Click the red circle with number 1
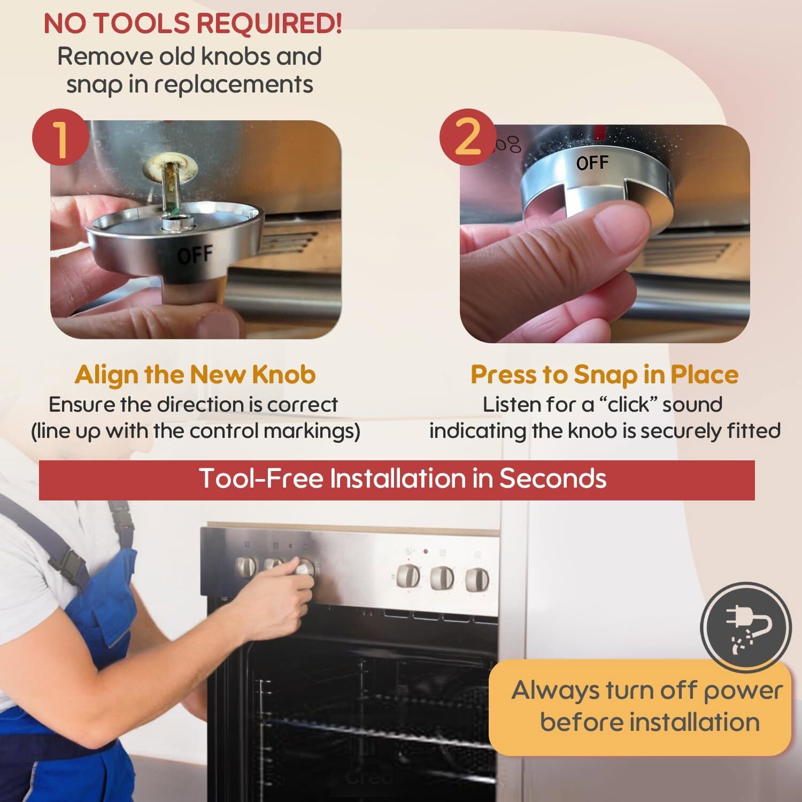[60, 137]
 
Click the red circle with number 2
[468, 137]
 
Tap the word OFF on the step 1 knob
[195, 256]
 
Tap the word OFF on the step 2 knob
[592, 163]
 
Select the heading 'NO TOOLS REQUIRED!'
[192, 24]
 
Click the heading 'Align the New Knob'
[195, 374]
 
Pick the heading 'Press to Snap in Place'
[604, 374]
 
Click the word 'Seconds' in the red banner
[553, 478]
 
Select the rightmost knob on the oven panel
[476, 580]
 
